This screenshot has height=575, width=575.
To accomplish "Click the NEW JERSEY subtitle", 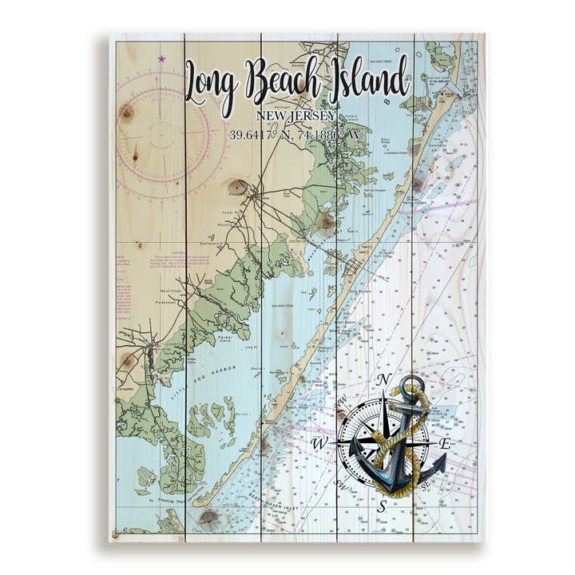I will (x=296, y=117).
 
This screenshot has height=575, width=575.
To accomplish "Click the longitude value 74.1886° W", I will (x=327, y=135).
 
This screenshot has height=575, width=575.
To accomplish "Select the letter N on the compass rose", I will (x=383, y=379).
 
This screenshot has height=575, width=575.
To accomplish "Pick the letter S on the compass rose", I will (x=382, y=506).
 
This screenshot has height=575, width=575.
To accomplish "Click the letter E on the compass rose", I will (x=446, y=443).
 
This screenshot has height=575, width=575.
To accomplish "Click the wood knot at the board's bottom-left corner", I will (x=117, y=533).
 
